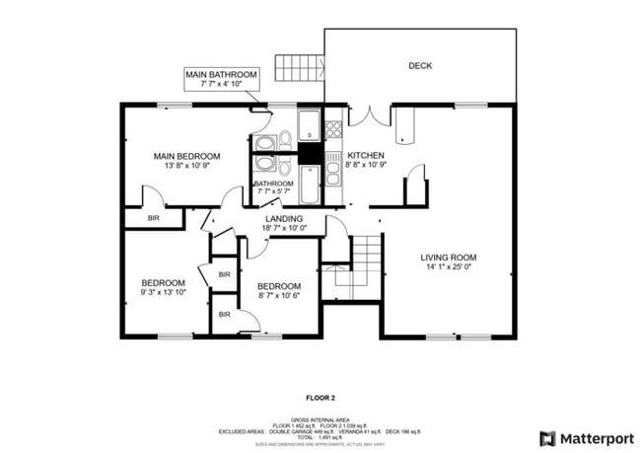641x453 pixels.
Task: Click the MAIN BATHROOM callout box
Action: coord(221,79)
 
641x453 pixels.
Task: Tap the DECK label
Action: coord(420,66)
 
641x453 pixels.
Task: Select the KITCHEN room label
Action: coord(365,155)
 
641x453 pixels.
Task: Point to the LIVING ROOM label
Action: coord(451,257)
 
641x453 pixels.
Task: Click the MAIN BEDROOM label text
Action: coord(185,156)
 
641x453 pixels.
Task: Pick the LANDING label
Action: coord(283,218)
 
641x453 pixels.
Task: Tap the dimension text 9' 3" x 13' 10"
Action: coord(163,291)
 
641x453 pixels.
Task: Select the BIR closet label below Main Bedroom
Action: coord(154,217)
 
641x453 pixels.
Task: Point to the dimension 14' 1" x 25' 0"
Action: coord(451,266)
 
